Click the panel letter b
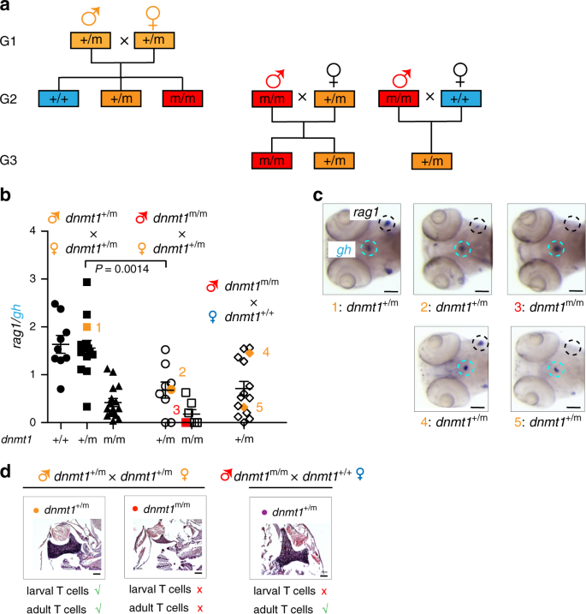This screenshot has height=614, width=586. point(7,195)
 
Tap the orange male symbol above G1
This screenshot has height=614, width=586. point(87,16)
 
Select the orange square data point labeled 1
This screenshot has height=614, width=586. point(86,327)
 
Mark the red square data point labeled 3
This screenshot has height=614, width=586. point(186,421)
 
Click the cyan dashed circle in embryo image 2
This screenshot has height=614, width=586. point(463,250)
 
